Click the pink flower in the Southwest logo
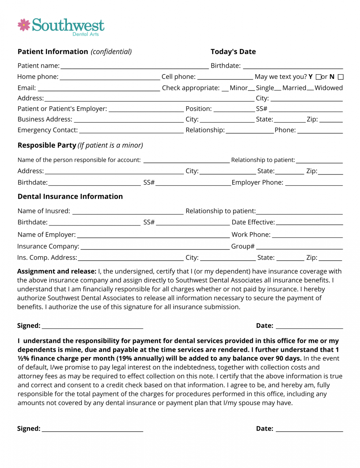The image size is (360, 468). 24,25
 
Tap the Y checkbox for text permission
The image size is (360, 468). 318,77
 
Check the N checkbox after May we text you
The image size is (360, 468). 341,77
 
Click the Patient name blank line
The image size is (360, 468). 135,67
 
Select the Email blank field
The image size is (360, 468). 99,89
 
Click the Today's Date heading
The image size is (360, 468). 233,52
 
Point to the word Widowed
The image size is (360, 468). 328,88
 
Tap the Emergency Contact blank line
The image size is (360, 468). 131,131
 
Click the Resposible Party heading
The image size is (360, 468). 47,145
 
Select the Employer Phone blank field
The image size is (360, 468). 314,184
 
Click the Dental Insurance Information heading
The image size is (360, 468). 70,197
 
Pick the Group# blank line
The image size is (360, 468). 299,248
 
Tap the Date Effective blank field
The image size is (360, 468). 309,224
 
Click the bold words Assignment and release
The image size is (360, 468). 57,271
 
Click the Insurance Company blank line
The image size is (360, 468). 155,248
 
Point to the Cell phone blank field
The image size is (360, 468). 225,78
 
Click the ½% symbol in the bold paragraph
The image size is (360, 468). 23,359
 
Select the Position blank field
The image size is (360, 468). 234,110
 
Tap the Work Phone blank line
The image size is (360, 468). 307,236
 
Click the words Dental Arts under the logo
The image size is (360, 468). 86,34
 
